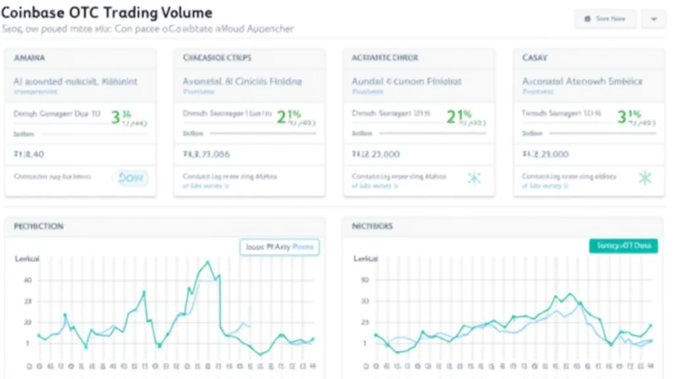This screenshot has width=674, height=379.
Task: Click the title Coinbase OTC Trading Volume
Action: (x=107, y=12)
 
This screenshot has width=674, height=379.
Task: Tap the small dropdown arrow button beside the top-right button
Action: (x=654, y=19)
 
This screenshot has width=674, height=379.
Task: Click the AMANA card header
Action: (x=30, y=58)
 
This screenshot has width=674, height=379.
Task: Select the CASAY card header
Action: (x=534, y=58)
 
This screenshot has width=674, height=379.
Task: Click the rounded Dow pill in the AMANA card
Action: (x=131, y=177)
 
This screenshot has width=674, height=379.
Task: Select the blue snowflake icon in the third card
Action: (x=474, y=178)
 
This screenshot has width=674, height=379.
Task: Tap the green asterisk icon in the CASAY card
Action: (x=644, y=177)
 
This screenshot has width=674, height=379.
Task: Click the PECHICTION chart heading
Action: (x=39, y=226)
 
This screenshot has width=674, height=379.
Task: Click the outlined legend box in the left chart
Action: (x=279, y=247)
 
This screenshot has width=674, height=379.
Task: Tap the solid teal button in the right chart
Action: (x=623, y=246)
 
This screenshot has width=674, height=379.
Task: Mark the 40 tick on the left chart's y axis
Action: (x=28, y=280)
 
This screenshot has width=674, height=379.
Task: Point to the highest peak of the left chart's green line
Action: (x=208, y=262)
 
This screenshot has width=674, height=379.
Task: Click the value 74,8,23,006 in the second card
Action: (x=206, y=155)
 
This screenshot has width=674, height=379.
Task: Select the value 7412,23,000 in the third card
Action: (x=376, y=155)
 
